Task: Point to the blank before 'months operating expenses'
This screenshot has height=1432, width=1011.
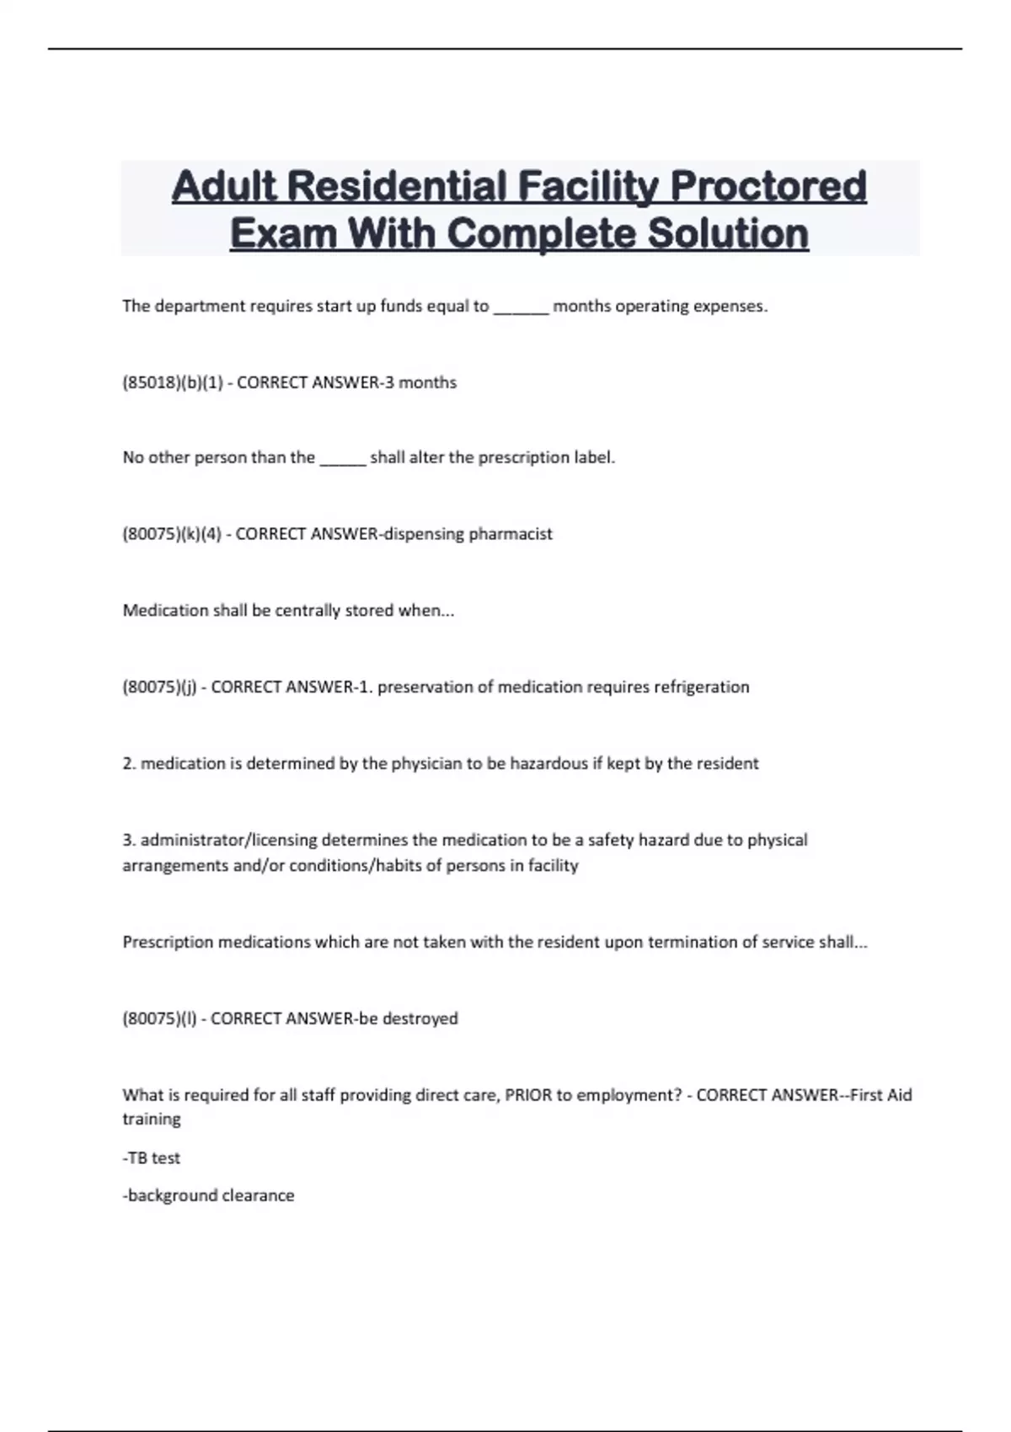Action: pos(521,307)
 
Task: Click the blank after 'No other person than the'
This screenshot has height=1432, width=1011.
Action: pos(343,458)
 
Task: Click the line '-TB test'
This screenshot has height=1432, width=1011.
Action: pos(152,1158)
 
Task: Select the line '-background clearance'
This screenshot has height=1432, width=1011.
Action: pos(208,1195)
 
